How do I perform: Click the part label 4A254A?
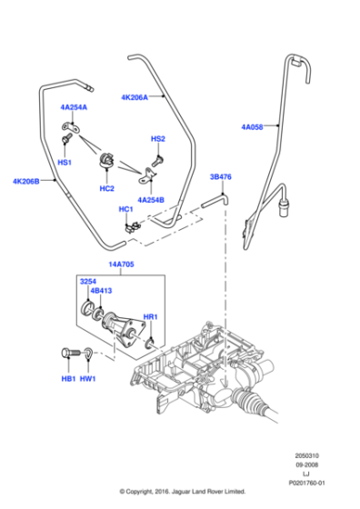74,107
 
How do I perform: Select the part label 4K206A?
134,95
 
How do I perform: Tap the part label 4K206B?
26,181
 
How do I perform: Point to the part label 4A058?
252,127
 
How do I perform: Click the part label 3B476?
222,177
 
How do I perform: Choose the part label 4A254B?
151,199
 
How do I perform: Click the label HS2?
157,139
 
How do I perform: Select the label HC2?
106,188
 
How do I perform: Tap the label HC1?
125,209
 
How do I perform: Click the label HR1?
151,317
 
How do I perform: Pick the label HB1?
68,377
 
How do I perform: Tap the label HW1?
88,377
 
